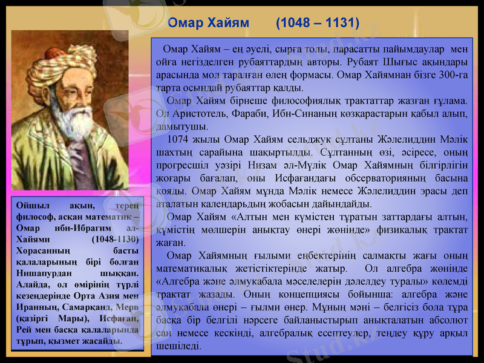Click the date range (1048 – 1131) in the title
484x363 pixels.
317,23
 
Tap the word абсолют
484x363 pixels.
447,322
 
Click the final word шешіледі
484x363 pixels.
179,347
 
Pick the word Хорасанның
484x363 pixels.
43,250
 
